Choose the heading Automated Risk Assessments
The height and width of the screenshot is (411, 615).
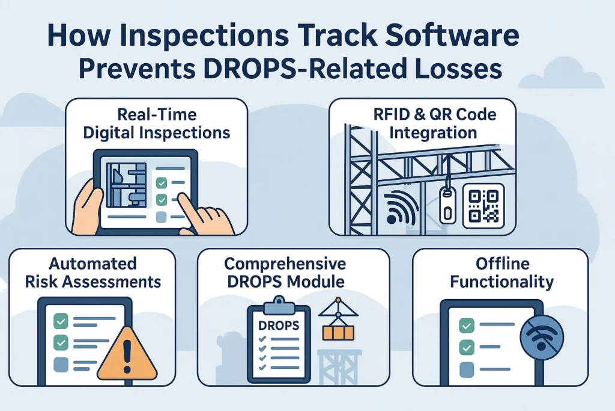coord(92,273)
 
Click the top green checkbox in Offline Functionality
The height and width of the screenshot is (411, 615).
coord(465,326)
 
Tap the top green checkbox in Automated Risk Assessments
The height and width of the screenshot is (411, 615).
coord(61,320)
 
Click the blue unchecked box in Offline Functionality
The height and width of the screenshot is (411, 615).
coord(465,368)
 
